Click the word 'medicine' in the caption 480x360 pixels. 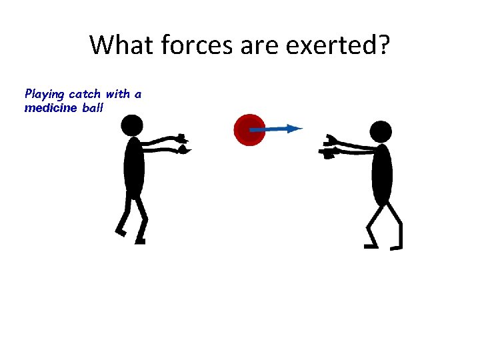51,107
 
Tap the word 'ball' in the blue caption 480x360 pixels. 93,107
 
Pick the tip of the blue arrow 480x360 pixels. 301,128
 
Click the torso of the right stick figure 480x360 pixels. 382,175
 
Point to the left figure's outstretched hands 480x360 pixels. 182,145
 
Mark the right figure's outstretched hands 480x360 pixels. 329,148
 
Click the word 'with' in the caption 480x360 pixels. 117,94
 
